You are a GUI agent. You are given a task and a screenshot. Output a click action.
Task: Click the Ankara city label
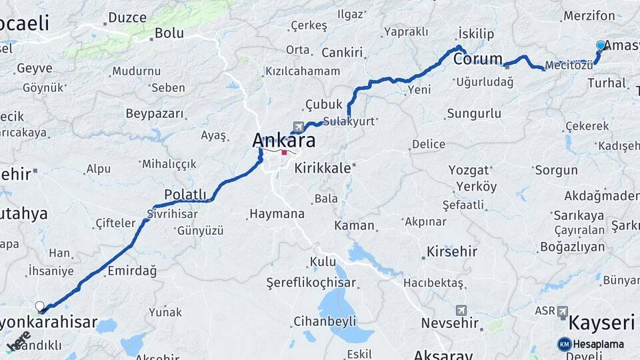click(x=283, y=141)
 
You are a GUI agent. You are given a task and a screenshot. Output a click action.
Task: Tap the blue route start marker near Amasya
click(x=601, y=45)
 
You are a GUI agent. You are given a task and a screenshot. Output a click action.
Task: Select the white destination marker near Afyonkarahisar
click(x=40, y=307)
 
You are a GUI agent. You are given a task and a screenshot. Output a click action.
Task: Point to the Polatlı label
click(x=185, y=194)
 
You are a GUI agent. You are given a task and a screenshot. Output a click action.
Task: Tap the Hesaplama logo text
click(x=599, y=344)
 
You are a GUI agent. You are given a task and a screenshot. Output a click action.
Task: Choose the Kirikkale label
click(x=323, y=168)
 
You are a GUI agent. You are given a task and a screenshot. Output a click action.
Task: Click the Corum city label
click(x=478, y=59)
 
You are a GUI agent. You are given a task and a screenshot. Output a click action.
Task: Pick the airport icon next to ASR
click(x=563, y=311)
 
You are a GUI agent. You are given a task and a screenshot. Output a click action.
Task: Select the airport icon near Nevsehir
click(x=461, y=311)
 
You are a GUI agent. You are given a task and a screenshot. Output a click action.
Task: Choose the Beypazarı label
click(x=154, y=113)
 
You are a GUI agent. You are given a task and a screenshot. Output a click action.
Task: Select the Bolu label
click(x=169, y=33)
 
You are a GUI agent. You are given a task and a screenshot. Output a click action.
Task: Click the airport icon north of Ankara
click(x=297, y=127)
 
